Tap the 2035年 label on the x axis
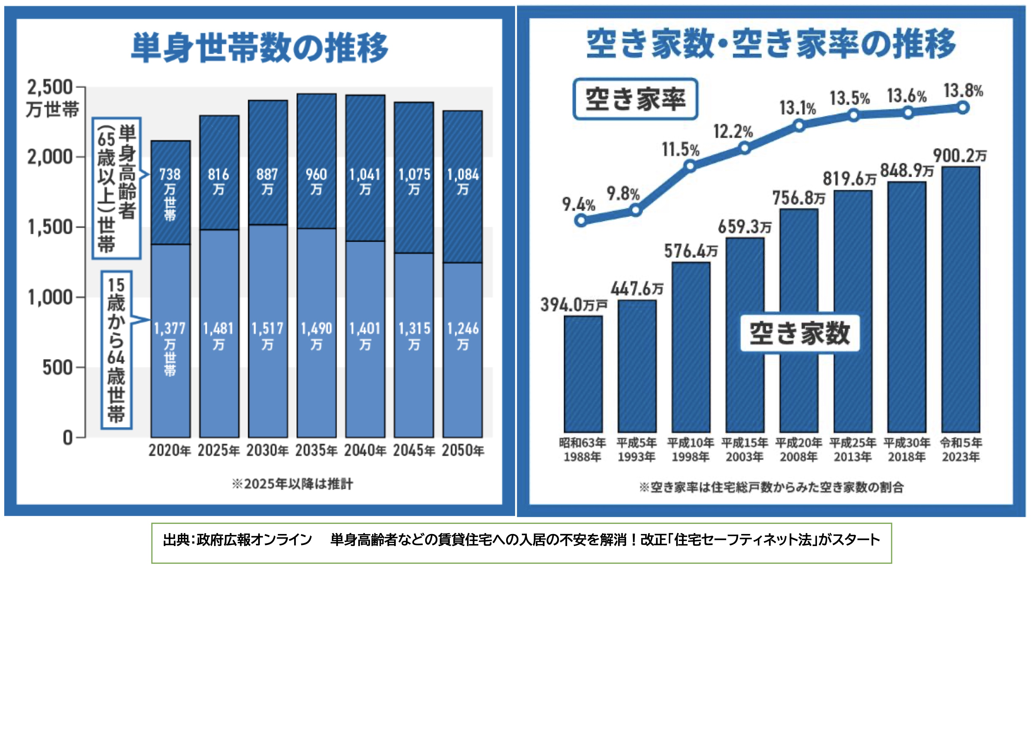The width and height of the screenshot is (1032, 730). (316, 450)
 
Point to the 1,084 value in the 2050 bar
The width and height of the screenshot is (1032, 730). (463, 175)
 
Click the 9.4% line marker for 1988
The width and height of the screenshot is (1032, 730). (581, 220)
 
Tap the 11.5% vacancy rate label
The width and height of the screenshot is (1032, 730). (680, 150)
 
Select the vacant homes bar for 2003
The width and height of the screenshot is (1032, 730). (745, 335)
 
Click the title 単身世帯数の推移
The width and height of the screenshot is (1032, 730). (260, 47)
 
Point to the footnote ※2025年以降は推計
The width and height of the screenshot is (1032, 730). (293, 484)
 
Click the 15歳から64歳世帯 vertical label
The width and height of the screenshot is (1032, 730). (116, 350)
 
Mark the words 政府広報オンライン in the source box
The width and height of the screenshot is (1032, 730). (254, 540)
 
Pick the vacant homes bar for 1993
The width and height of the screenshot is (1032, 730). (637, 366)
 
